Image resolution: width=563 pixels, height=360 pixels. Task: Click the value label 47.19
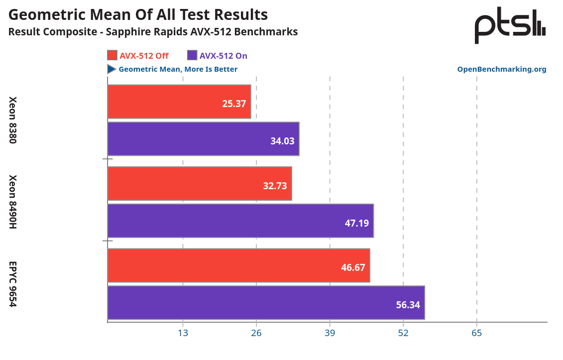[x=356, y=223]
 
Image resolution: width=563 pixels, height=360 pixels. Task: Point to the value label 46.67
[x=353, y=267]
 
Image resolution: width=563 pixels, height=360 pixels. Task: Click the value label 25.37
[x=234, y=104]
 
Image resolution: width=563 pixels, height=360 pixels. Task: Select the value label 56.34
[x=408, y=305]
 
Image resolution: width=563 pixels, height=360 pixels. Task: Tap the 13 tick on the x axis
[x=183, y=333]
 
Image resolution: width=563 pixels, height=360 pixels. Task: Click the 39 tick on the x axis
[x=330, y=333]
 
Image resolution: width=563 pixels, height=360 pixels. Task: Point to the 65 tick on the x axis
[x=476, y=333]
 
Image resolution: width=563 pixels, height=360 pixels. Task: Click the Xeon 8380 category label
[x=13, y=120]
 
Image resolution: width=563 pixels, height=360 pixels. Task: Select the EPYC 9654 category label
[x=13, y=284]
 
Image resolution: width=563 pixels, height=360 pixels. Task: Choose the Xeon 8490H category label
[x=13, y=202]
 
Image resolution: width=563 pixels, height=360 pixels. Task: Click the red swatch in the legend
[x=112, y=56]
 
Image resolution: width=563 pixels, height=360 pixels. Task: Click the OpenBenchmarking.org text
[x=501, y=69]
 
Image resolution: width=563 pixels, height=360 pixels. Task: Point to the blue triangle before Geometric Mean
[x=112, y=69]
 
